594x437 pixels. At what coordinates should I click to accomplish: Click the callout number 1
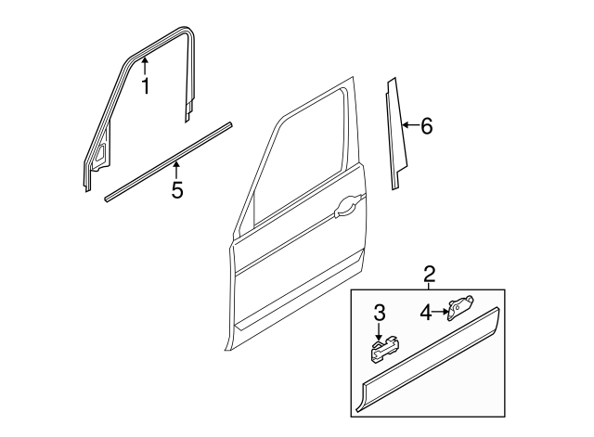(x=145, y=88)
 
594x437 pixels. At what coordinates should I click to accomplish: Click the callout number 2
(x=429, y=274)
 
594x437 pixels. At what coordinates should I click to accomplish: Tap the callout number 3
(x=380, y=313)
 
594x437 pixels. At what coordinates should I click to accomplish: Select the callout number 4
(x=425, y=313)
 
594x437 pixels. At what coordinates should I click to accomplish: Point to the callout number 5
(x=177, y=191)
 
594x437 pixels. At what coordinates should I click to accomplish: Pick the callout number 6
(x=426, y=126)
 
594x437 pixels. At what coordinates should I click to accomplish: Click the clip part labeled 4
(x=458, y=307)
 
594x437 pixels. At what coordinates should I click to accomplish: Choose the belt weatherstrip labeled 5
(x=167, y=160)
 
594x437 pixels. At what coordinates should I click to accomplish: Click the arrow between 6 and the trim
(x=408, y=125)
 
